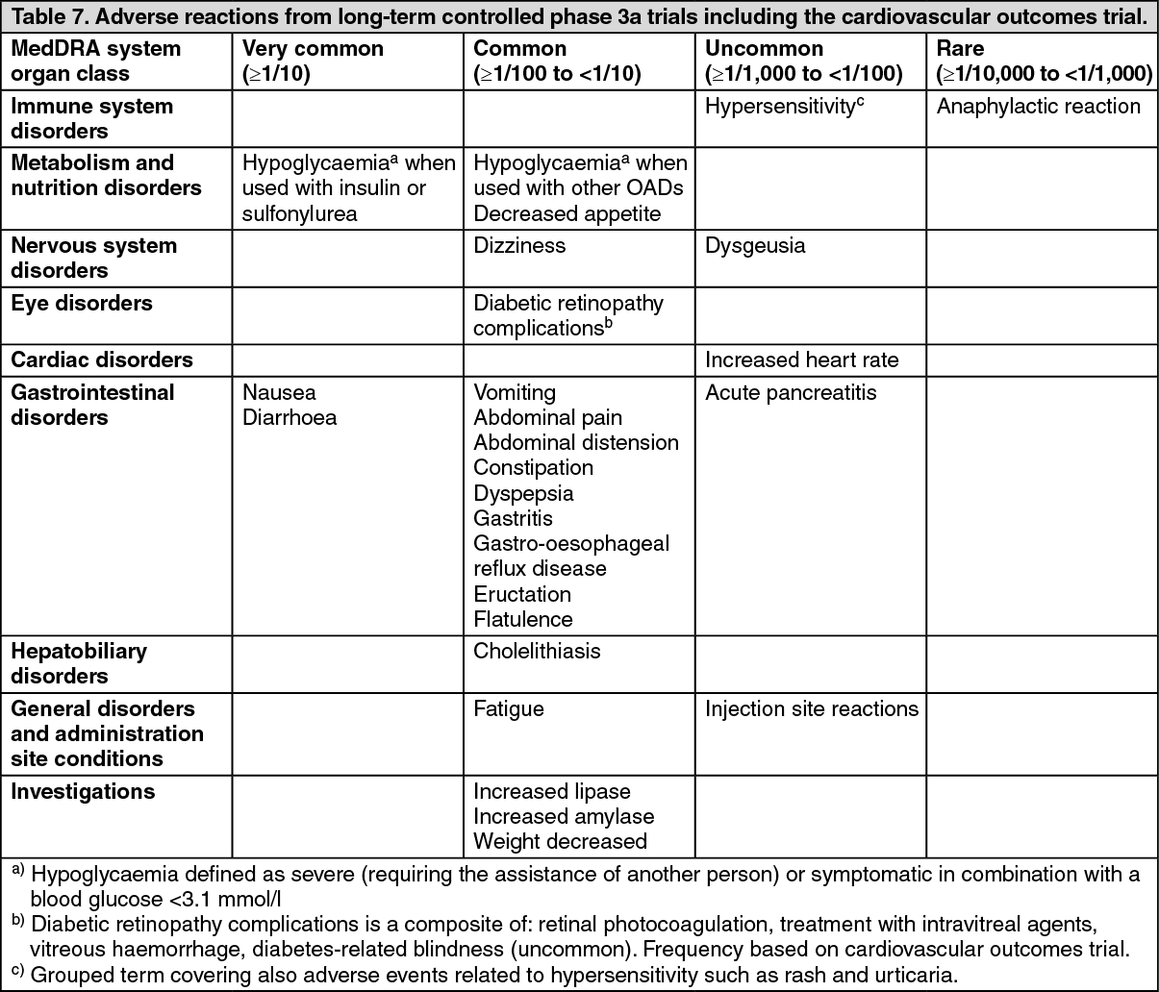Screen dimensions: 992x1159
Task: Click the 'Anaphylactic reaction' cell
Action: click(x=1039, y=107)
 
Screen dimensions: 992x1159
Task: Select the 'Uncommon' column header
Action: click(x=764, y=49)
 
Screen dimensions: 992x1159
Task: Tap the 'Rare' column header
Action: click(x=960, y=49)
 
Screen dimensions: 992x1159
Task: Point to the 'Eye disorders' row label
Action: click(x=82, y=304)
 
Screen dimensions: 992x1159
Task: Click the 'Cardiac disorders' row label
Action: click(x=102, y=360)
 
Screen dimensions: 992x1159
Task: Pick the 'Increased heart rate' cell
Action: click(x=801, y=360)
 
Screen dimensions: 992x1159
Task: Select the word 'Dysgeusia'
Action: click(x=755, y=246)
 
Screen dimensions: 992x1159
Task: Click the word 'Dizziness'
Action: click(x=519, y=246)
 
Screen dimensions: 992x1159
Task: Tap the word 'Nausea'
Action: click(x=279, y=393)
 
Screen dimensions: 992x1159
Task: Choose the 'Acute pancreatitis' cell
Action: click(x=791, y=393)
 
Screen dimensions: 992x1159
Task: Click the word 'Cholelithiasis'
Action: click(x=537, y=652)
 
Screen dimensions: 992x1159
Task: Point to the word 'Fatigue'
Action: click(x=509, y=709)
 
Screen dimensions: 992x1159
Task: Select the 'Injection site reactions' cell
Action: click(x=812, y=709)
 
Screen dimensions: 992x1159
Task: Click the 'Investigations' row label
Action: click(x=83, y=792)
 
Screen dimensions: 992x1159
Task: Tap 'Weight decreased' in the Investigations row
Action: click(x=560, y=842)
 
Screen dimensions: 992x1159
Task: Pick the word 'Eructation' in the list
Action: click(x=522, y=594)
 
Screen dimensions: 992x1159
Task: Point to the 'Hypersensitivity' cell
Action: click(x=780, y=107)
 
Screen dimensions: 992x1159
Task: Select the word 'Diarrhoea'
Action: click(x=290, y=418)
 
